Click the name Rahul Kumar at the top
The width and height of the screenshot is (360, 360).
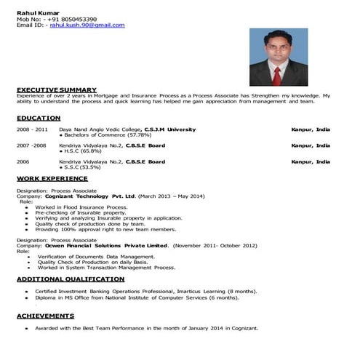[x=33, y=10]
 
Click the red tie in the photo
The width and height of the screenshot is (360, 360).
[x=276, y=74]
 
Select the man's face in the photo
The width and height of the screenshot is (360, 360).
[x=275, y=51]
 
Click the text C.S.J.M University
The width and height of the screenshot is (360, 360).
[x=170, y=129]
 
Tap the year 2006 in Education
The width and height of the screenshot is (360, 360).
[x=23, y=161]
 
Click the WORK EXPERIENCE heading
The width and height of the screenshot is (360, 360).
[x=51, y=179]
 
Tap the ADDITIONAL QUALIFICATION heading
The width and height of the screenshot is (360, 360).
[x=70, y=279]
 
